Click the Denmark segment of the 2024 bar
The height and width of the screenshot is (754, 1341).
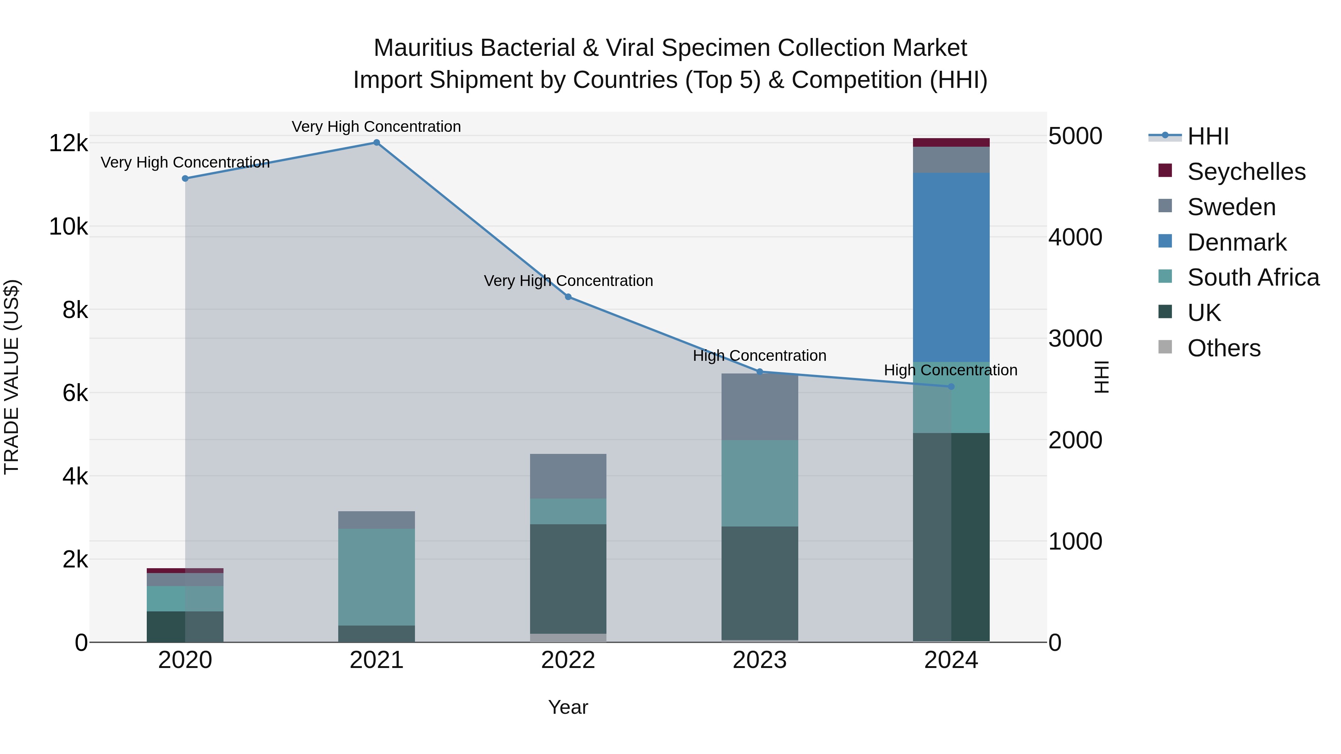click(951, 267)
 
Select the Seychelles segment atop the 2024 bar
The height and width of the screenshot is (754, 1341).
click(951, 142)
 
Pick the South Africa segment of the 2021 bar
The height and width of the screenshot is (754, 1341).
click(376, 576)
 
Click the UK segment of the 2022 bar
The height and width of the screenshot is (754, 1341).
click(568, 578)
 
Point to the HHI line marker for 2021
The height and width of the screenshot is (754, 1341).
click(376, 143)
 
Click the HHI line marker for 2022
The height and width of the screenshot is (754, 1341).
click(568, 297)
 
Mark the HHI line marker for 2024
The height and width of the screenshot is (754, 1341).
click(951, 386)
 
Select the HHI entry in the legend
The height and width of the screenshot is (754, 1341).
click(1208, 136)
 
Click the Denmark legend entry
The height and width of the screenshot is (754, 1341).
click(1237, 242)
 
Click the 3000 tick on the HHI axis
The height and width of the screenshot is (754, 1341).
click(1075, 339)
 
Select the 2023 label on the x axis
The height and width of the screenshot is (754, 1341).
click(760, 660)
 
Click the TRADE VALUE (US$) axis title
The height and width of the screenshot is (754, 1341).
click(12, 377)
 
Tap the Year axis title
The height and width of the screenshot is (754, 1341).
click(568, 707)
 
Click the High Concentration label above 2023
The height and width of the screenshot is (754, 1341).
click(760, 356)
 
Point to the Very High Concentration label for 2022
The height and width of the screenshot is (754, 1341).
click(568, 281)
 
